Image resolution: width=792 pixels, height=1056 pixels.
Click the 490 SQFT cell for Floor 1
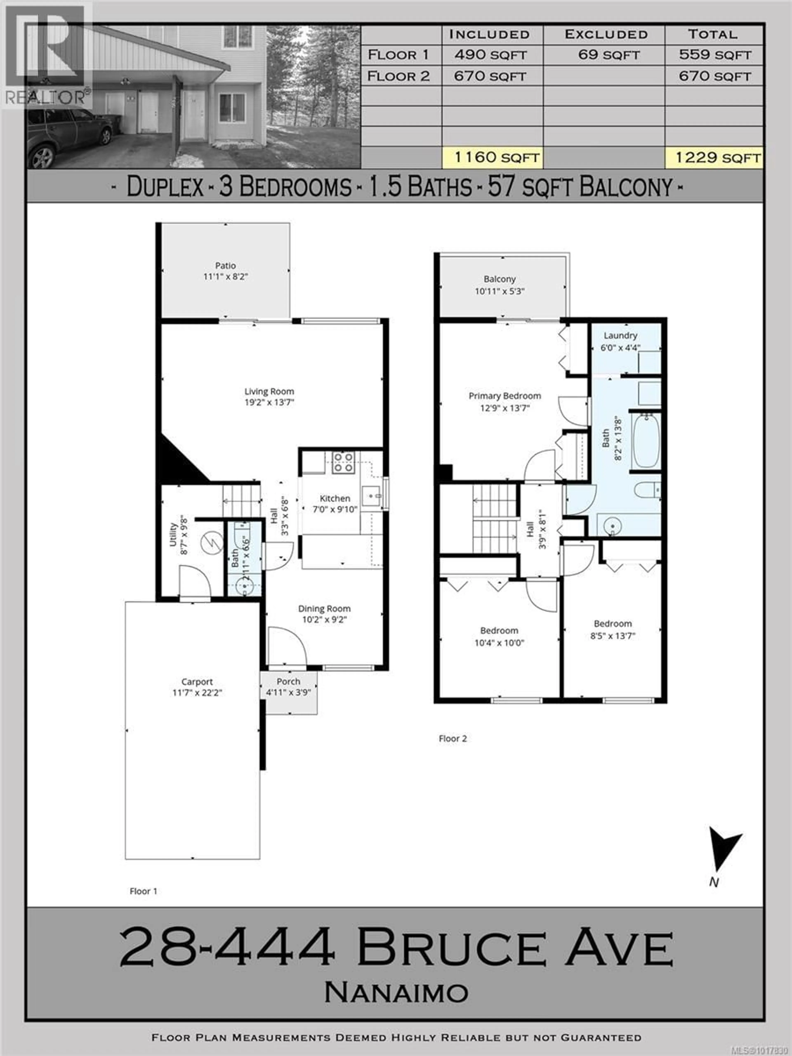pos(490,55)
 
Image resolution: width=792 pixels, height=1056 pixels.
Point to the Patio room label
pos(225,265)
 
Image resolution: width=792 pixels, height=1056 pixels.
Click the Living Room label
pos(269,391)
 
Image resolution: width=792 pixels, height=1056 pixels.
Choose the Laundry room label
pos(620,336)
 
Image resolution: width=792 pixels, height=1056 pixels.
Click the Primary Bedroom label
pos(505,396)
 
